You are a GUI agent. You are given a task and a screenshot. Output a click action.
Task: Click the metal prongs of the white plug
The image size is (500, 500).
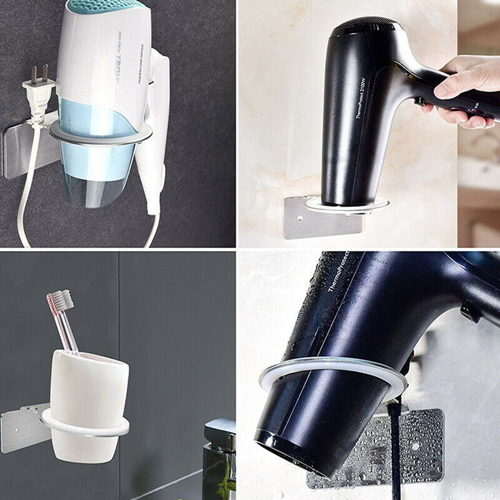(x=39, y=73)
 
